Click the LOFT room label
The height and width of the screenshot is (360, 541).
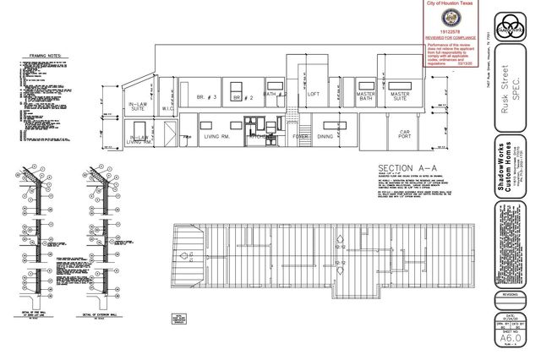point(314,94)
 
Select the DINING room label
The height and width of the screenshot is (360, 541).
point(325,136)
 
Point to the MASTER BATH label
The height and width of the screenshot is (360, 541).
point(365,97)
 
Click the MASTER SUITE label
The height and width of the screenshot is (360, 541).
point(400,97)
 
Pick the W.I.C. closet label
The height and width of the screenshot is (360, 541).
point(167,106)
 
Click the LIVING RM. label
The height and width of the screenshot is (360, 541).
point(218,136)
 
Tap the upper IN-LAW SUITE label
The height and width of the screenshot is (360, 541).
point(137,106)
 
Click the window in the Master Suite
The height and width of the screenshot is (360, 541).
point(402,85)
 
